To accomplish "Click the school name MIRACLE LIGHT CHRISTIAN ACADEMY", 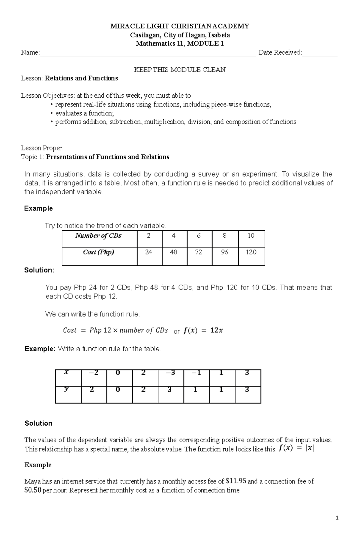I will click(180, 26).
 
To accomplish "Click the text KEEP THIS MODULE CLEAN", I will click(180, 70).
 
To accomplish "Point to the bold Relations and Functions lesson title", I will click(81, 79).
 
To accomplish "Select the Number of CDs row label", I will click(98, 236).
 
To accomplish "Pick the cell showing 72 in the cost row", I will click(199, 252).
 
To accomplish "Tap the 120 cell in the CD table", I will click(251, 252).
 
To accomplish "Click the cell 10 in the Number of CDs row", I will click(251, 236).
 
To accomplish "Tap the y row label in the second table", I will click(67, 390).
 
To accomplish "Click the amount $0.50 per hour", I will click(33, 491).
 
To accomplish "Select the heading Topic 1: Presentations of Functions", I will click(95, 157).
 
